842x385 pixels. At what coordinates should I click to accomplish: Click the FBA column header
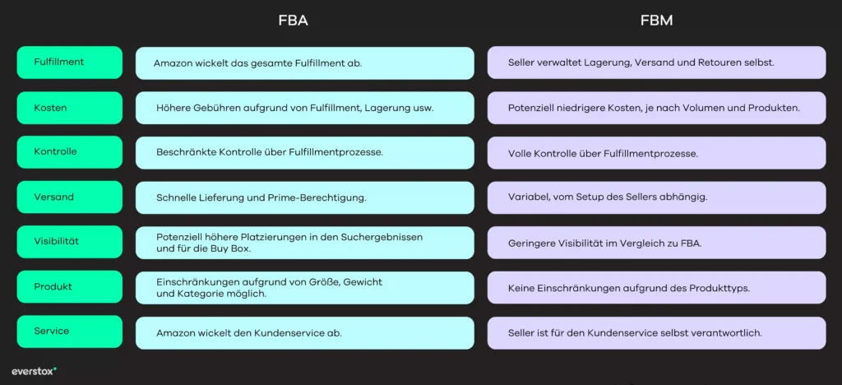(x=293, y=21)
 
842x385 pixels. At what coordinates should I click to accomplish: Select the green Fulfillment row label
(x=69, y=63)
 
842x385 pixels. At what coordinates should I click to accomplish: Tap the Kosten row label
(x=69, y=108)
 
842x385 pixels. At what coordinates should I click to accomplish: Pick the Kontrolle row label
(x=69, y=152)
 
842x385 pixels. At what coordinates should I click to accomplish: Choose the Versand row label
(x=69, y=197)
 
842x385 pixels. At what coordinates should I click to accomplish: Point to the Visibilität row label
(x=69, y=242)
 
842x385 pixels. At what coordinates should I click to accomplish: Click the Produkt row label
(x=69, y=287)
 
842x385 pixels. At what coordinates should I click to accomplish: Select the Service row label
(x=69, y=332)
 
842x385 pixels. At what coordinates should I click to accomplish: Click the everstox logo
(x=34, y=371)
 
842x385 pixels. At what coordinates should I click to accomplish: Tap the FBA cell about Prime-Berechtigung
(x=304, y=197)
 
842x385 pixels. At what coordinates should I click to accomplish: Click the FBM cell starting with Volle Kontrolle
(x=656, y=153)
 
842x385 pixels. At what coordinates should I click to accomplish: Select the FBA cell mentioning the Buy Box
(x=304, y=243)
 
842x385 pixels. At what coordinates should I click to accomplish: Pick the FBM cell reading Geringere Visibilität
(x=656, y=243)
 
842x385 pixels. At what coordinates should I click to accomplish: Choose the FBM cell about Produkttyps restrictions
(x=656, y=288)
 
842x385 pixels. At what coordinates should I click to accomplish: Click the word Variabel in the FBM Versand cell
(x=530, y=197)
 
